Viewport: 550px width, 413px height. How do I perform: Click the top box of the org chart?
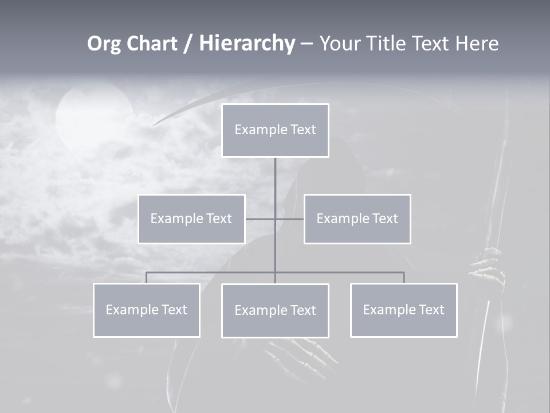coord(275,130)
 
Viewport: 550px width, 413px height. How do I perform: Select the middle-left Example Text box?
coord(191,219)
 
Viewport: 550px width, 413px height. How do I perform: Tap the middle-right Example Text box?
coord(357,219)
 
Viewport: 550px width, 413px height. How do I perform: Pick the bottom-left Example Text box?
coord(146,310)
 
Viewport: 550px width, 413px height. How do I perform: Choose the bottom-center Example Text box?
coord(275,310)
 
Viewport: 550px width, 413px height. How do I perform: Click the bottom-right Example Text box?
coord(403,310)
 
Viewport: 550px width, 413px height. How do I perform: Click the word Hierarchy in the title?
coord(247,44)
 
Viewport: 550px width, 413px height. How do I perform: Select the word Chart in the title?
coord(151,44)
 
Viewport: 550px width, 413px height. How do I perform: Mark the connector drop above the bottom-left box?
coord(146,278)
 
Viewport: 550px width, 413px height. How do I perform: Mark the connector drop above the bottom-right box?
coord(403,278)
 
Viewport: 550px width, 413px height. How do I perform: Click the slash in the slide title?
coord(188,44)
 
